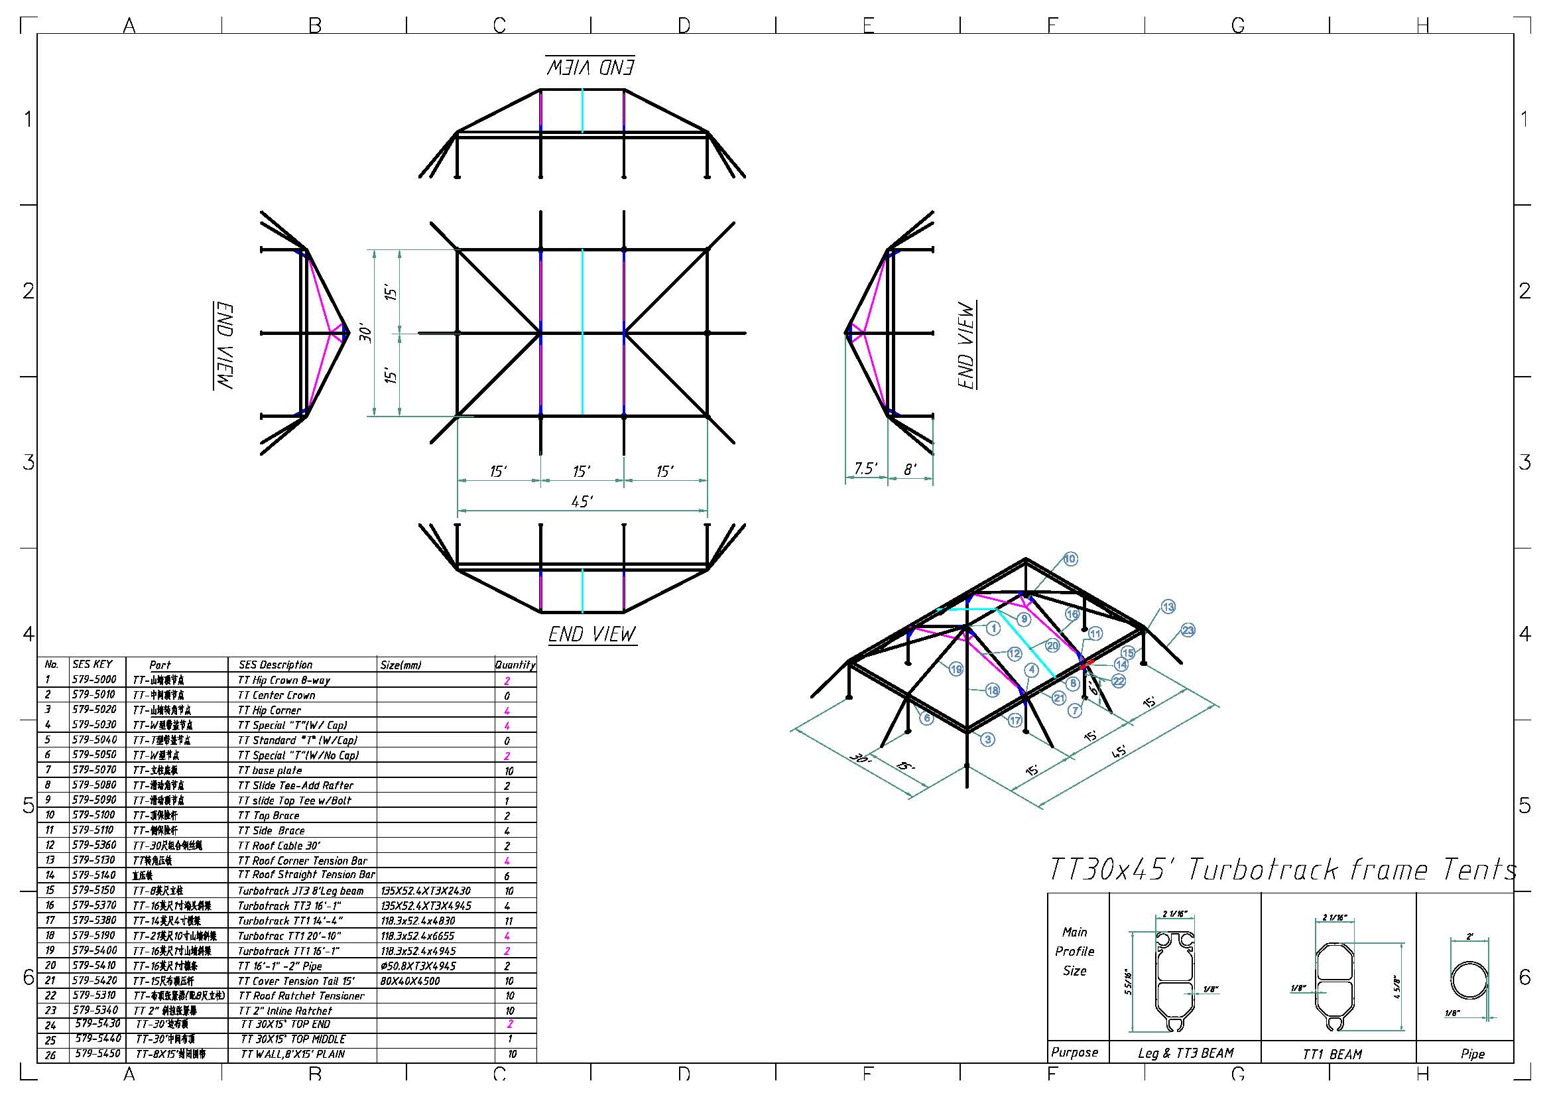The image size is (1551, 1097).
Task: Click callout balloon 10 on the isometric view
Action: click(x=1070, y=558)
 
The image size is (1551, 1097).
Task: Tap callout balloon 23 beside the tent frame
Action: click(x=1188, y=630)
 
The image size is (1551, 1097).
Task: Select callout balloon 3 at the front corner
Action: click(x=987, y=739)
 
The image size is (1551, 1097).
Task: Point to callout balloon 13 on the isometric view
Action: click(x=1168, y=607)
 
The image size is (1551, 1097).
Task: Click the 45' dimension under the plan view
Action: click(x=582, y=501)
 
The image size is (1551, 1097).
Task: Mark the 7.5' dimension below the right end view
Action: click(x=865, y=468)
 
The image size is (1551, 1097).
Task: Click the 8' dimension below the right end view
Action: click(x=910, y=469)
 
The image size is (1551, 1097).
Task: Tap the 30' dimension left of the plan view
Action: click(x=365, y=333)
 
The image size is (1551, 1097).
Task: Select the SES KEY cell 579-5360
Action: click(x=94, y=845)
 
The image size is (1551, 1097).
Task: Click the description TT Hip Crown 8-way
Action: click(x=284, y=680)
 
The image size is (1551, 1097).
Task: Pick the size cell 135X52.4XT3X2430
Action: click(x=426, y=891)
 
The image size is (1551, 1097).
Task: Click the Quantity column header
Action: click(x=515, y=665)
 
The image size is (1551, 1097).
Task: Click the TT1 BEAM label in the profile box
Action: click(x=1332, y=1055)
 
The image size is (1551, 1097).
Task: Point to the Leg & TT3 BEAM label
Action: click(x=1185, y=1053)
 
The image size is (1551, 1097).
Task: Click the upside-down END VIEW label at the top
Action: click(x=590, y=66)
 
